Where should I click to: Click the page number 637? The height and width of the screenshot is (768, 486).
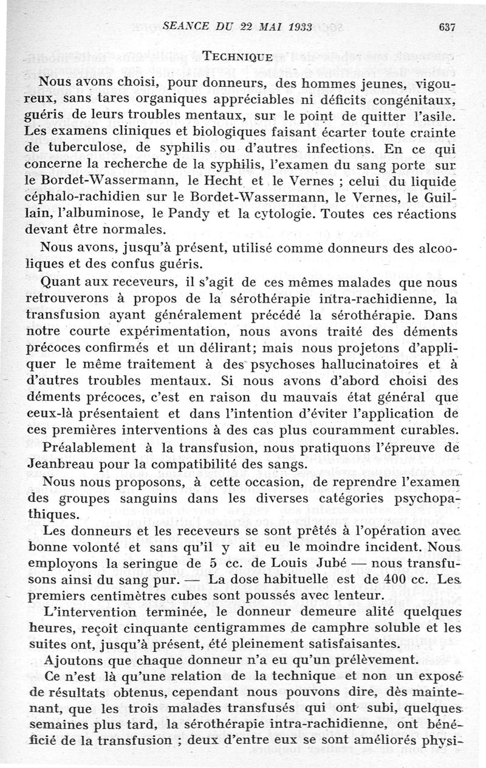(x=446, y=27)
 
